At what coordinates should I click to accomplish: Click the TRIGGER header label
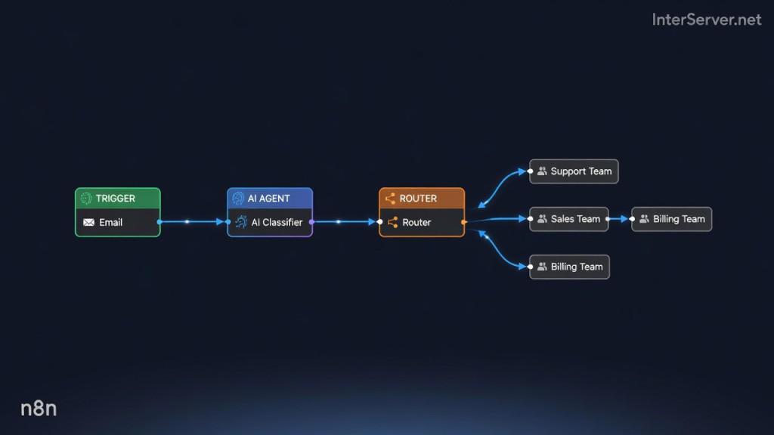(116, 199)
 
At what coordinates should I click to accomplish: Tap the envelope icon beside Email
(89, 223)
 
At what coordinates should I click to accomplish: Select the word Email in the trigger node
(110, 223)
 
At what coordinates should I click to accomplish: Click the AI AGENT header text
(268, 199)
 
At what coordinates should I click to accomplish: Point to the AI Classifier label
(277, 223)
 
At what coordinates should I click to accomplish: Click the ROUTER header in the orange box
(418, 199)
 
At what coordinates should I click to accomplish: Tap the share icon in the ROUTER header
(390, 199)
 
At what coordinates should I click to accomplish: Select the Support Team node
(574, 171)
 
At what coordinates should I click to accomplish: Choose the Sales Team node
(568, 219)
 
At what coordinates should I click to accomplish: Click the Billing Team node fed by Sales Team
(671, 219)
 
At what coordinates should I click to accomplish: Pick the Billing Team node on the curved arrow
(569, 267)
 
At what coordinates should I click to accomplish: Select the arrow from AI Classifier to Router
(344, 222)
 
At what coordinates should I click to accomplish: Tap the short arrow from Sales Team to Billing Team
(618, 219)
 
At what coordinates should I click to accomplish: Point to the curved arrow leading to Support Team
(500, 187)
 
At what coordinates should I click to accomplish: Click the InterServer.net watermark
(707, 20)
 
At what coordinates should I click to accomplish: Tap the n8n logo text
(39, 409)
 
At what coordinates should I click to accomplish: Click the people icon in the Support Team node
(542, 171)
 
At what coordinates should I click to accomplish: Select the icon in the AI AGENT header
(238, 199)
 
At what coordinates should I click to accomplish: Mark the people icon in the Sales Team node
(542, 219)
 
